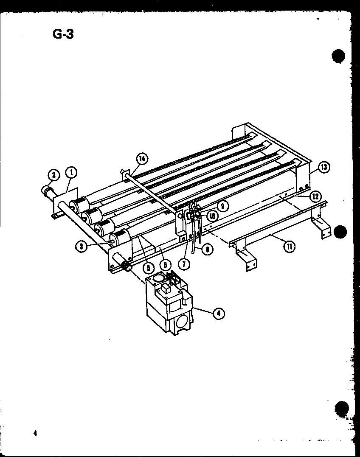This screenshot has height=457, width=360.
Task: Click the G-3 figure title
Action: click(x=62, y=34)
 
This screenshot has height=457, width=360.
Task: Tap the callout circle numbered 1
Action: click(x=71, y=173)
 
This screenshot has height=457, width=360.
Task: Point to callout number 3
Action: click(x=80, y=245)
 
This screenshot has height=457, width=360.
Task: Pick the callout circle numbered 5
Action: click(x=147, y=268)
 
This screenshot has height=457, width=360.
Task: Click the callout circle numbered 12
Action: click(x=314, y=196)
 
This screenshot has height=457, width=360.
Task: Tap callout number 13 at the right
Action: click(x=324, y=167)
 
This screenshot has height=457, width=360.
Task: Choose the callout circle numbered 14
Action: click(x=142, y=159)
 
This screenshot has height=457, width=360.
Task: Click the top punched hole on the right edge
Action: click(x=338, y=56)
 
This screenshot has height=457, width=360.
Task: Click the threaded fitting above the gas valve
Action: click(x=126, y=267)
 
